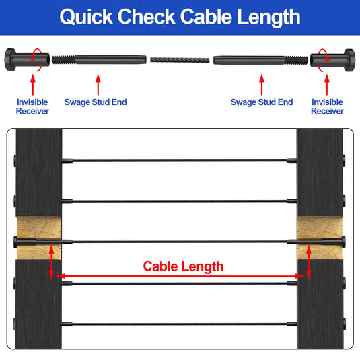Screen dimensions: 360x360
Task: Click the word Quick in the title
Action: coord(86,17)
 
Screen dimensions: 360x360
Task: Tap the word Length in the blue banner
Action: coord(268,18)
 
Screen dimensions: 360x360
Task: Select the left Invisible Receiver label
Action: coord(32,106)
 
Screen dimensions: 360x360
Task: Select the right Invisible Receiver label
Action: coord(327,106)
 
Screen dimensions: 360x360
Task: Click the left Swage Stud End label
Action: coord(96,102)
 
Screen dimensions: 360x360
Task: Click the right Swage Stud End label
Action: coord(262,102)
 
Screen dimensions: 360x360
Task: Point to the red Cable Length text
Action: coord(183,266)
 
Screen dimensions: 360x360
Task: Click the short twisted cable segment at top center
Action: coord(180,60)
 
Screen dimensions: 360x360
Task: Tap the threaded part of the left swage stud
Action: coord(64,60)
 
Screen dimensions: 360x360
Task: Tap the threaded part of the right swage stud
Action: coord(296,60)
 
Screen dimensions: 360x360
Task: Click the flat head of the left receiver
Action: coord(10,60)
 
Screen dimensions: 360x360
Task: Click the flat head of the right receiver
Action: coord(349,60)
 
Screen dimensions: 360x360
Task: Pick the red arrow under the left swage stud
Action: coord(98,85)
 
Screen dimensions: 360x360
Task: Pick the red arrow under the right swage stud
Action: coord(262,85)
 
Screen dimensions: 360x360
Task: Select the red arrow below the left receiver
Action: coord(33,85)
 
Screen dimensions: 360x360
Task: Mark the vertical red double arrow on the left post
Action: coord(51,262)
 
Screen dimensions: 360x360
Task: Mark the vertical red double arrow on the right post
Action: coord(309,262)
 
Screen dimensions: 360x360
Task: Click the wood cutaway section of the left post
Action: coord(39,238)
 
